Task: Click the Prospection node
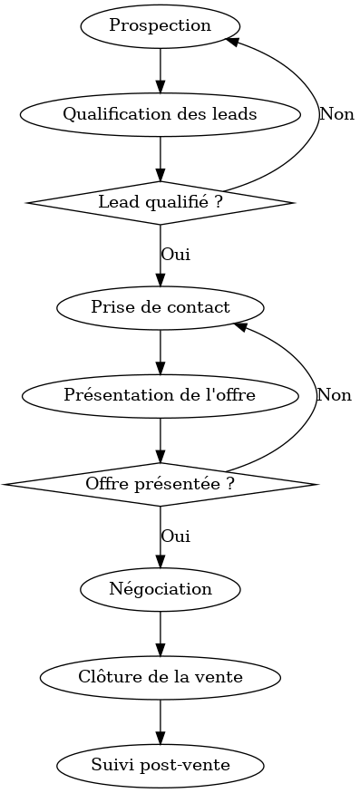click(x=161, y=25)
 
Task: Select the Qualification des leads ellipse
click(x=161, y=114)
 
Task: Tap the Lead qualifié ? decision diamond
click(x=161, y=202)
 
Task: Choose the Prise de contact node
click(x=161, y=307)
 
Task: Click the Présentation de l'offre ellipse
click(x=161, y=395)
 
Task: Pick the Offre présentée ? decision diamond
click(x=161, y=484)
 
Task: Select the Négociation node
click(x=161, y=589)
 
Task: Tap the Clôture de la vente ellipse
click(x=161, y=677)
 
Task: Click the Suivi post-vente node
click(x=161, y=766)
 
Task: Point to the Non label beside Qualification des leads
click(x=336, y=114)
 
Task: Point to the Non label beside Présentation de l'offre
click(x=334, y=395)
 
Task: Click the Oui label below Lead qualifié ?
click(x=175, y=255)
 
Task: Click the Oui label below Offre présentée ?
click(x=175, y=536)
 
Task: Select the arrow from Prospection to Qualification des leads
click(x=161, y=70)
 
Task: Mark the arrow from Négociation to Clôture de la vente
click(x=161, y=633)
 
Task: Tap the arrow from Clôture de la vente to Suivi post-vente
click(x=161, y=721)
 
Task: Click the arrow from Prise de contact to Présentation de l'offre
click(x=161, y=352)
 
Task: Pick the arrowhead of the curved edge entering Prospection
click(x=232, y=41)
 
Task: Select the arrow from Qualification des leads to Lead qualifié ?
click(x=161, y=158)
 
